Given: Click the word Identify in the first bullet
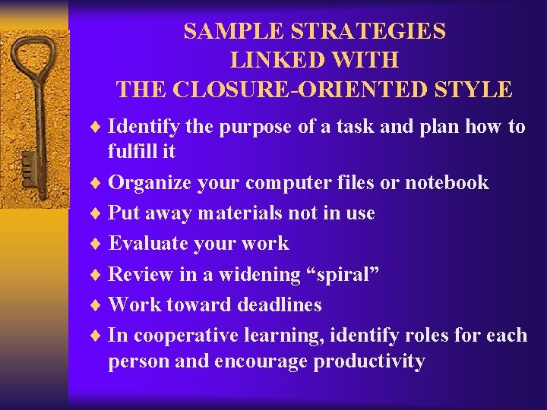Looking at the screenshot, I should pos(144,126).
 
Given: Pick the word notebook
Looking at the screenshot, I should pos(447,182).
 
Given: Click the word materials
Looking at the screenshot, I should pos(240,213).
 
